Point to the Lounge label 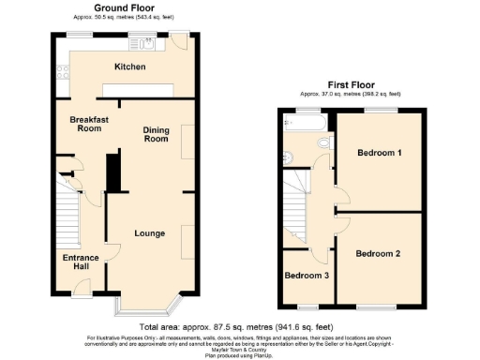point(150,233)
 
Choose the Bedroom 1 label point(380,154)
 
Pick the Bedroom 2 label point(378,253)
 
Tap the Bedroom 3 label point(306,276)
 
